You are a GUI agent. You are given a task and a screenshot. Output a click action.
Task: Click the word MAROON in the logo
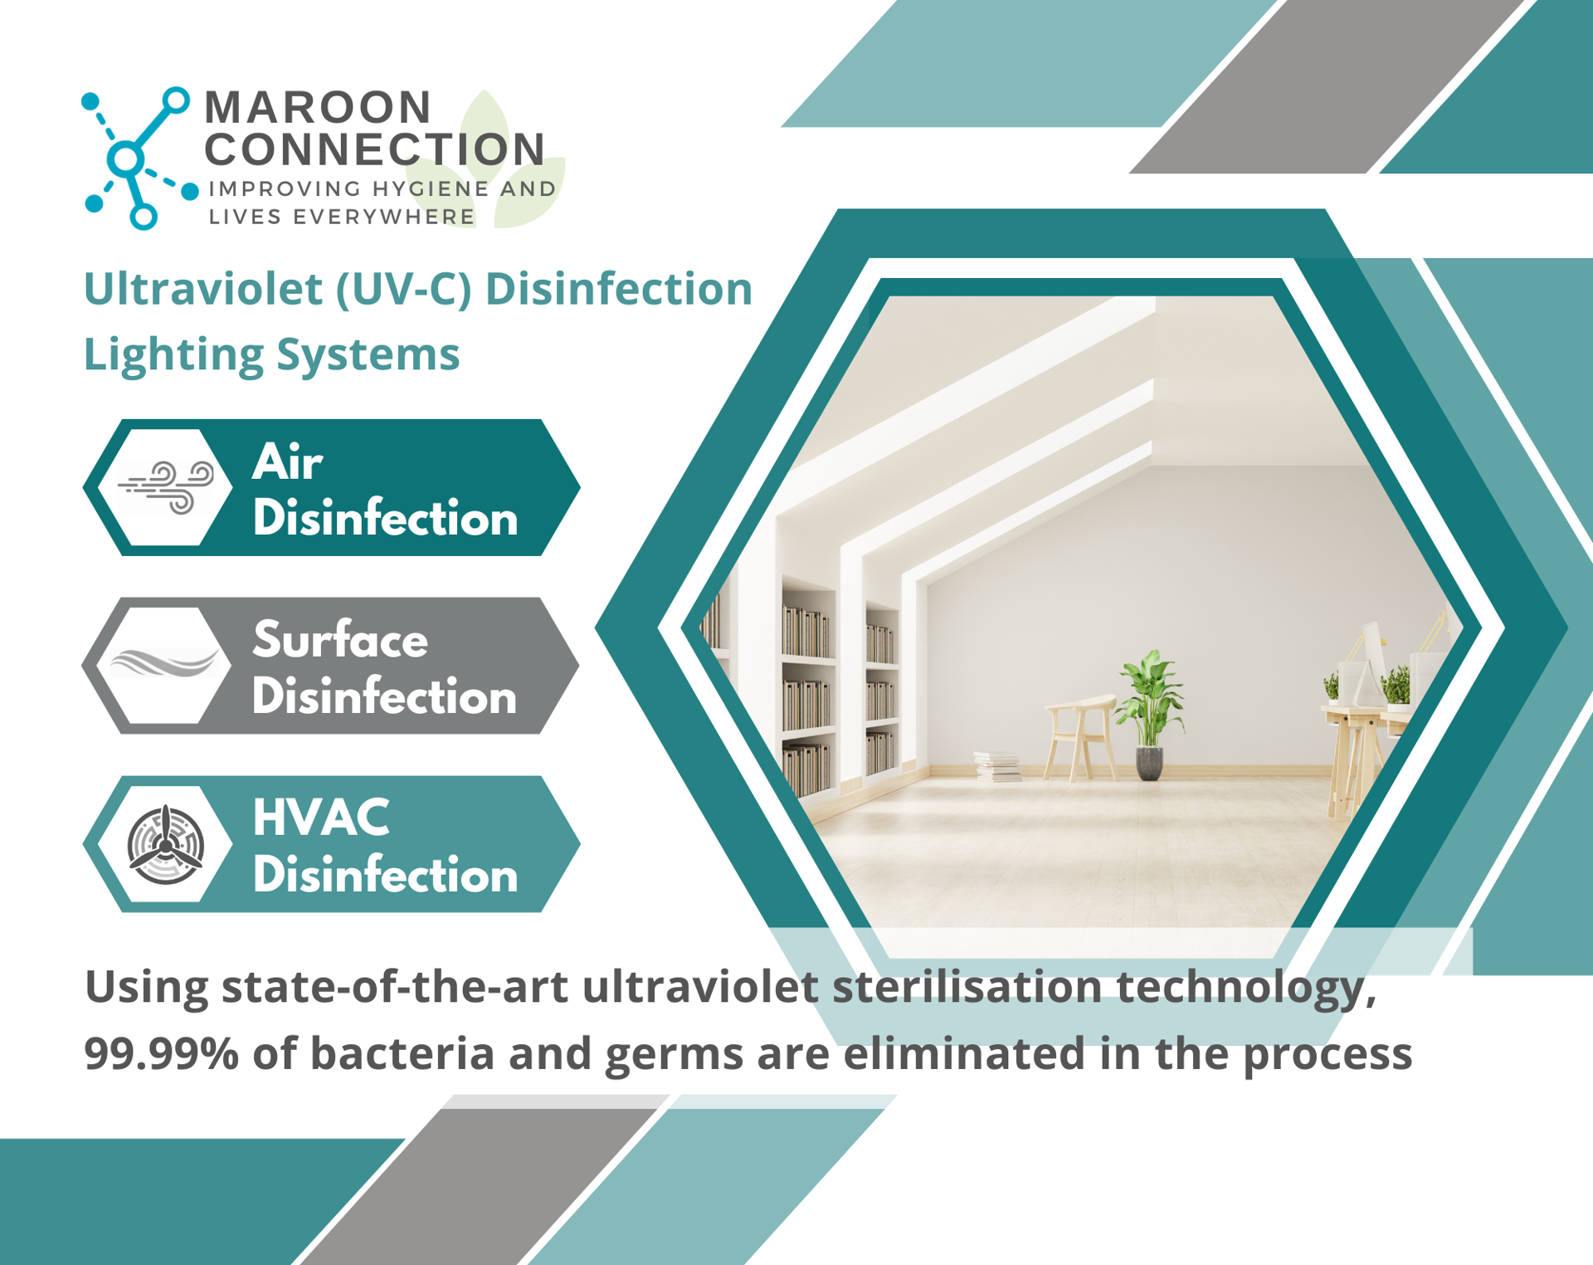[x=318, y=107]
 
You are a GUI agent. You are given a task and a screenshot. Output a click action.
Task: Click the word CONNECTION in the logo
[x=375, y=149]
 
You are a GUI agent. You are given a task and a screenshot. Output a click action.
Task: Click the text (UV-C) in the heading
[x=403, y=290]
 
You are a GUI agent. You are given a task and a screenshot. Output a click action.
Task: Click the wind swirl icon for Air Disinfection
[x=166, y=488]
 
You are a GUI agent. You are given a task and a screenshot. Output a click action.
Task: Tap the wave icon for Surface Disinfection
[x=165, y=664]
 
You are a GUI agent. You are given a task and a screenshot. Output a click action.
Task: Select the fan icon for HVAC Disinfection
[x=166, y=845]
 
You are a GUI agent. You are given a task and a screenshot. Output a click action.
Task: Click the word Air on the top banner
[x=288, y=462]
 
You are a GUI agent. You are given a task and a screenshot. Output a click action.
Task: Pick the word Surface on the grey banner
[x=340, y=640]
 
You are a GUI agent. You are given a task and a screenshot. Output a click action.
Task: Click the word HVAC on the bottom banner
[x=321, y=818]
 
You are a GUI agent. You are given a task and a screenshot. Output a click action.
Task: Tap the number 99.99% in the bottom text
[x=161, y=1053]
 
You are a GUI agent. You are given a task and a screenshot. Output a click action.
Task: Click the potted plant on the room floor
[x=1150, y=715]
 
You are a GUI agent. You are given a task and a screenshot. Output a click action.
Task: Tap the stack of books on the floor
[x=997, y=766]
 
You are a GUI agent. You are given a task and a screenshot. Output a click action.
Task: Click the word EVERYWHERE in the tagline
[x=384, y=217]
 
